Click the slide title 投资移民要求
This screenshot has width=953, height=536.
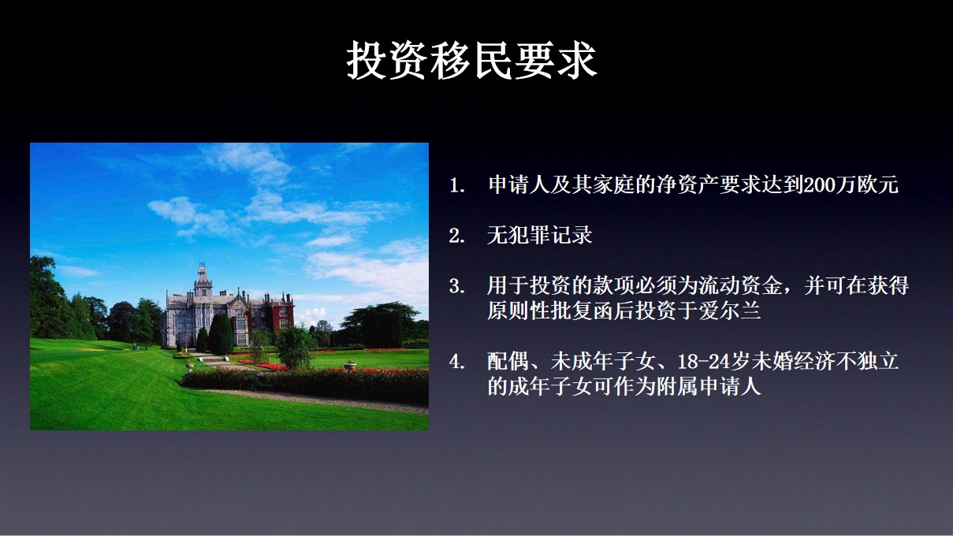pyautogui.click(x=471, y=61)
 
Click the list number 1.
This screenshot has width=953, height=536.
pyautogui.click(x=456, y=187)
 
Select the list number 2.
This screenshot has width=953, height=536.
pyautogui.click(x=456, y=236)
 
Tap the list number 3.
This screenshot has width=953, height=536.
pyautogui.click(x=456, y=287)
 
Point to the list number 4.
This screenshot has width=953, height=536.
pyautogui.click(x=456, y=363)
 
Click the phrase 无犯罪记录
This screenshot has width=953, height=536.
pyautogui.click(x=540, y=236)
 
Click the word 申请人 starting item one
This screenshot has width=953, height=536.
pyautogui.click(x=514, y=186)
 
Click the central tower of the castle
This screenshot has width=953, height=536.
pyautogui.click(x=203, y=284)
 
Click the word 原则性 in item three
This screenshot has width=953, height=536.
pyautogui.click(x=514, y=311)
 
